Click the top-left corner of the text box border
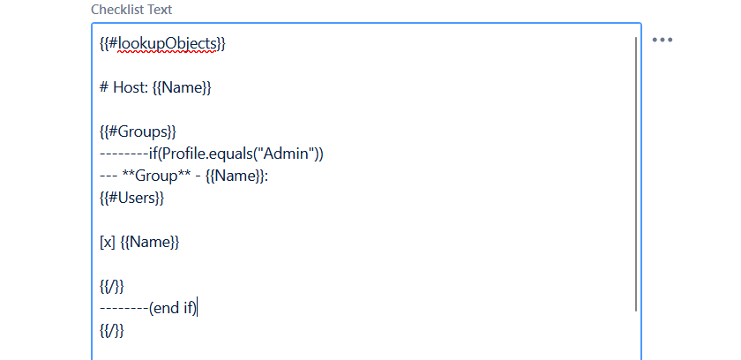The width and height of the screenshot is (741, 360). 92,23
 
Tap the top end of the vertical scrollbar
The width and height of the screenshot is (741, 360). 636,37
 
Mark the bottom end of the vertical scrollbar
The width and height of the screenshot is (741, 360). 636,311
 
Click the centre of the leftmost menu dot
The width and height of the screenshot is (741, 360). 655,40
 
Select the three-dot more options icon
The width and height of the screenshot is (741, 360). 662,40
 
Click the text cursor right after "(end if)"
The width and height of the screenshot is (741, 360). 198,309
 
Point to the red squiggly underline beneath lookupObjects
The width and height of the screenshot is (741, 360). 167,51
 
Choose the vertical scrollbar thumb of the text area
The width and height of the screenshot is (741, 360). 636,174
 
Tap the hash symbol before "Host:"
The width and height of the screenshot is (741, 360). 104,88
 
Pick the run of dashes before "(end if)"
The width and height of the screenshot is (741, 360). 123,309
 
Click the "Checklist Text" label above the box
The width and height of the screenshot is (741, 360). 131,10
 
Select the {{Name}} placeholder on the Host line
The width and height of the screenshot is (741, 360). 182,88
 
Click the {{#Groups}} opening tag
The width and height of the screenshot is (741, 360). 138,131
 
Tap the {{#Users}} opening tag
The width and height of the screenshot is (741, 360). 131,198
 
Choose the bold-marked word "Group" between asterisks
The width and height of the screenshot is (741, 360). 156,176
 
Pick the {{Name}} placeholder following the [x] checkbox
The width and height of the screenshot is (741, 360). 150,243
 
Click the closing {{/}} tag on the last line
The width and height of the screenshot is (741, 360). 111,330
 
